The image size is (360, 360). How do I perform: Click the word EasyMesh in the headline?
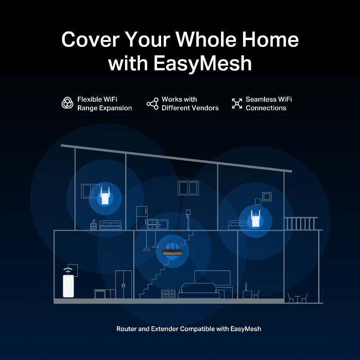tap(203, 63)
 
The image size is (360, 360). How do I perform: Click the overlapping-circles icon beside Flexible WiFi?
tap(67, 103)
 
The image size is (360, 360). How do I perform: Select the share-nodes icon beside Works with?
tap(153, 103)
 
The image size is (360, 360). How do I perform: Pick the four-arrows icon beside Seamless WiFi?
tap(237, 103)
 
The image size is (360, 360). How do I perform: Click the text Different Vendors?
tap(190, 108)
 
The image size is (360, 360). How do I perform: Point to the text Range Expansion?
tap(104, 108)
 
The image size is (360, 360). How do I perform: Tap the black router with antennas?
tap(172, 249)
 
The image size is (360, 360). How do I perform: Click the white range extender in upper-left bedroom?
tap(105, 196)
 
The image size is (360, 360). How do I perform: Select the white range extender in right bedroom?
tap(256, 219)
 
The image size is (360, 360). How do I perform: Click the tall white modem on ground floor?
tap(68, 286)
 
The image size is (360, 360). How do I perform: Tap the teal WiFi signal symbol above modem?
tap(68, 270)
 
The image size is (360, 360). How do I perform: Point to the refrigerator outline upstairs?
tap(142, 218)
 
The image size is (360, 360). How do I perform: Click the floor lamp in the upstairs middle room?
tap(188, 220)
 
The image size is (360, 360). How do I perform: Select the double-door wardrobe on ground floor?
tap(123, 284)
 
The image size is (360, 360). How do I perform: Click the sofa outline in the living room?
tap(199, 291)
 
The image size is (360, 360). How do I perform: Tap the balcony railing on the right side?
tap(301, 223)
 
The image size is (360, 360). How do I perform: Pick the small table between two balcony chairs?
tap(297, 299)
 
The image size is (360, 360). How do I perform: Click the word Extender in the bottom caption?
tap(165, 329)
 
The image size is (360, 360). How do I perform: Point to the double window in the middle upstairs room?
tap(188, 188)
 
